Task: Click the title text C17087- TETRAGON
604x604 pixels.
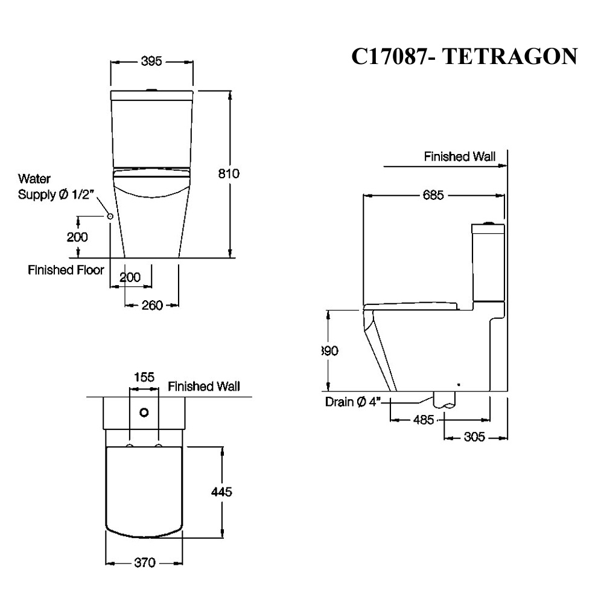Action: coord(465,56)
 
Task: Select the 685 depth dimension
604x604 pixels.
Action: coord(433,195)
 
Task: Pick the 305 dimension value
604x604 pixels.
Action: coord(474,437)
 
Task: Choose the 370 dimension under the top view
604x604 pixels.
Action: coord(144,563)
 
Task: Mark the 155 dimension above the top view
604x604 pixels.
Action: coord(144,377)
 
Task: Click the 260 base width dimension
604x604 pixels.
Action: coord(152,305)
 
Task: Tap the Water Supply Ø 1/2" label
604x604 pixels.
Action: coord(54,187)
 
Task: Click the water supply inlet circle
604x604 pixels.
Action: coord(110,216)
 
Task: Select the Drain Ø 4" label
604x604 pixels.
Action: coord(351,402)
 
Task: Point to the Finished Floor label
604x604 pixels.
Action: coord(66,270)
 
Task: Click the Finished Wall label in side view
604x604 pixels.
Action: coord(459,157)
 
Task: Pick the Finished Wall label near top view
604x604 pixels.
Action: coord(203,387)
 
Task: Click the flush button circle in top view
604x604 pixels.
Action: coord(144,413)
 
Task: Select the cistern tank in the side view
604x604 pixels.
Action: coord(487,263)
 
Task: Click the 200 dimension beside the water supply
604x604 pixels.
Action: coord(77,237)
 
